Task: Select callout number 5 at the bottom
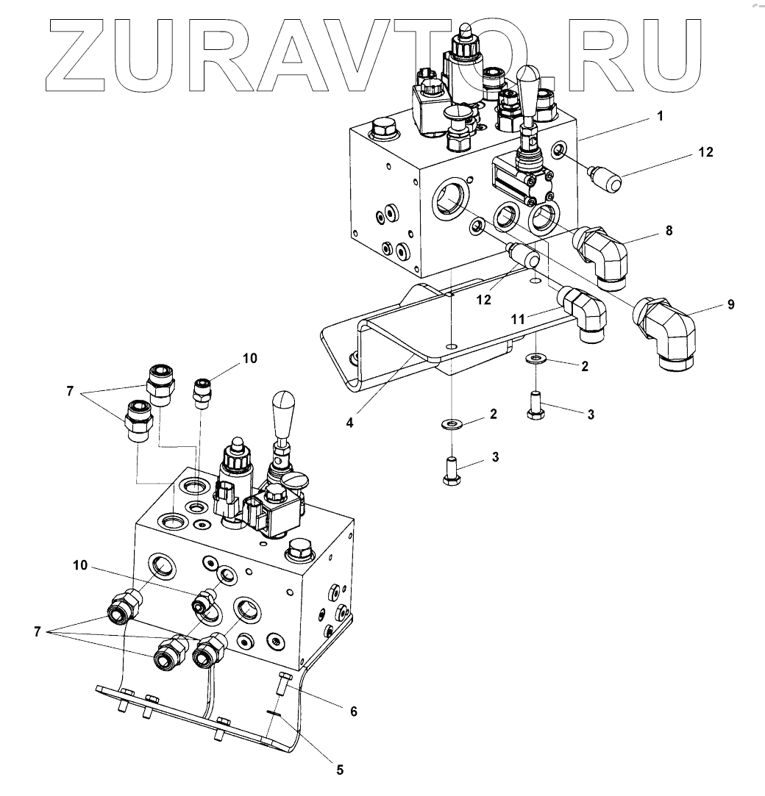click(x=339, y=770)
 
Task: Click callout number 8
click(x=668, y=229)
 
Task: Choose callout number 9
click(x=730, y=304)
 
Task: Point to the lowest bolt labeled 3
click(x=452, y=470)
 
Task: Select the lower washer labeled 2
click(x=449, y=424)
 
